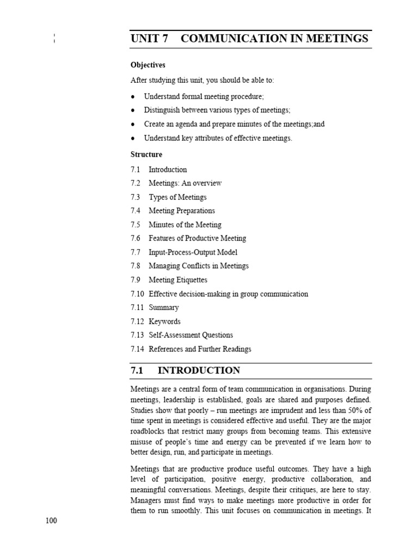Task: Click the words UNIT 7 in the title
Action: point(149,39)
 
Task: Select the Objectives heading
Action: point(147,65)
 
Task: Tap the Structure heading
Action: point(146,154)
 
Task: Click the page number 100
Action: point(51,521)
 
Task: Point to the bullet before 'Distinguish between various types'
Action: point(133,110)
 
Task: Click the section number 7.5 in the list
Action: point(136,225)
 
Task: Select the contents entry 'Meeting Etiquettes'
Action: point(178,280)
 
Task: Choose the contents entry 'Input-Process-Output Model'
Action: point(193,252)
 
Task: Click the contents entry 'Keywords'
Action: point(164,321)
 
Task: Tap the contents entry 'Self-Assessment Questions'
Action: point(190,335)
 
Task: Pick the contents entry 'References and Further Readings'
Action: point(200,349)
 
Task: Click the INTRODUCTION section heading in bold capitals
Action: point(199,371)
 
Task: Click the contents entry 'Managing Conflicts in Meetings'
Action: point(199,266)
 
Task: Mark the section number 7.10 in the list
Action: point(137,294)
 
